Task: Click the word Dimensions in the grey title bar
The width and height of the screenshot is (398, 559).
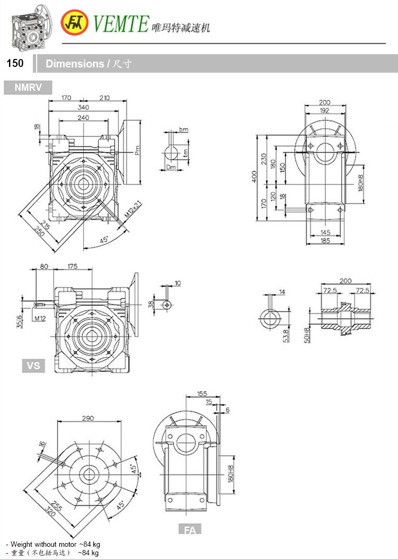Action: pos(74,64)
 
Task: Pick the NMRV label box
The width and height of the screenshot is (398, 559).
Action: pos(28,87)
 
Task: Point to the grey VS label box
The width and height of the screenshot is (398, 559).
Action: pos(33,366)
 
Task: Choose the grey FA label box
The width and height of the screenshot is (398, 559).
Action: pos(190,529)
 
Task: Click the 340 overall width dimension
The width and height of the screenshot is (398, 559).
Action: pos(83,107)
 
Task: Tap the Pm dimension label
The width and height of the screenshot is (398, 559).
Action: pos(137,150)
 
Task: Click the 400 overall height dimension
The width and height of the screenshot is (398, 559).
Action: pos(255,175)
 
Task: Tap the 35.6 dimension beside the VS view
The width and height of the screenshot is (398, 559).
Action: pos(20,321)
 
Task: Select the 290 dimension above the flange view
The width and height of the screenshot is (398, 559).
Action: pos(88,418)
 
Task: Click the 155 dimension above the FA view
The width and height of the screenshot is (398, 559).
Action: pos(202,394)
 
